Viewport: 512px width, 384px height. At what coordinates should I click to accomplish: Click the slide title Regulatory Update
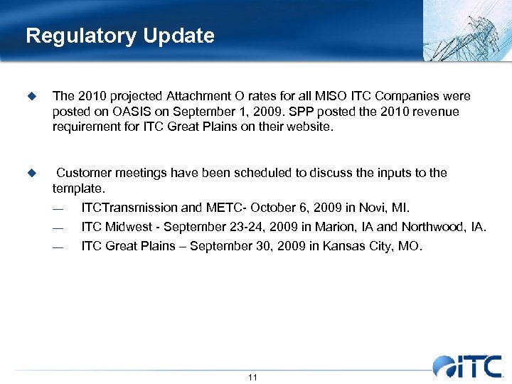point(119,36)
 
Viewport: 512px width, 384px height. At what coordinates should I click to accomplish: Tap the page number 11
point(252,377)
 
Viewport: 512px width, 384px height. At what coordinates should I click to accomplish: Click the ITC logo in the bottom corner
point(467,366)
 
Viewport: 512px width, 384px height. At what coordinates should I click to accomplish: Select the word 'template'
point(78,189)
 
